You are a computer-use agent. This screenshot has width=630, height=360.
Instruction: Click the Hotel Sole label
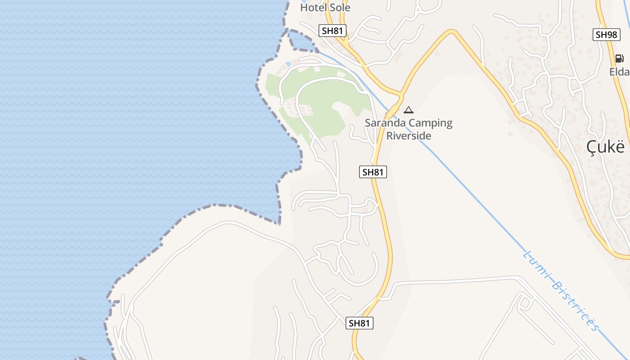pos(325,7)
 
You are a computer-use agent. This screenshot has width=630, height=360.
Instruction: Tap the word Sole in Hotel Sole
pos(339,7)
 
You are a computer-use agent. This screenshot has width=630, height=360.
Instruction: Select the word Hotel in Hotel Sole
pos(313,7)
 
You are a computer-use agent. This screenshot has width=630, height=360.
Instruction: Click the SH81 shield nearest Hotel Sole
pos(333,31)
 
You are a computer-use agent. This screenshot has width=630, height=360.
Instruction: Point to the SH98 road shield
pos(607,35)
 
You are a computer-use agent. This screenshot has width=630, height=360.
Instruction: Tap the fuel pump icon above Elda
pos(619,58)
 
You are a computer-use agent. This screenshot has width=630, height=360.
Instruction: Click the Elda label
pos(620,72)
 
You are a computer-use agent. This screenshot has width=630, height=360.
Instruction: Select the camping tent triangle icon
pos(408,110)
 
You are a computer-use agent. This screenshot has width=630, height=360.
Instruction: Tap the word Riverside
pos(409,135)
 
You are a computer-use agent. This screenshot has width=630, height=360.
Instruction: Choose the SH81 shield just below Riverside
pos(373,171)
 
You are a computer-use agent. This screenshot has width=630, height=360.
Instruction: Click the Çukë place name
pos(606,147)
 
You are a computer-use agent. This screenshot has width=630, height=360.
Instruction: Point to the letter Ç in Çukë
pos(592,147)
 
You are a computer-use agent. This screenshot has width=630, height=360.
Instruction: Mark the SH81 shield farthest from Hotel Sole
pos(360,323)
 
